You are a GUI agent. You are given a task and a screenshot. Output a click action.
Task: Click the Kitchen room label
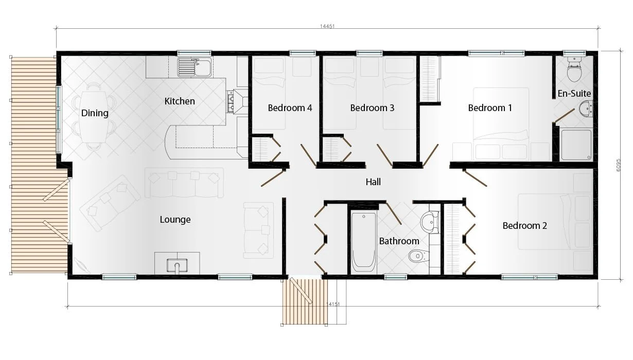[x=180, y=101]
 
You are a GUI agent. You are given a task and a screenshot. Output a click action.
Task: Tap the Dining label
[x=95, y=113]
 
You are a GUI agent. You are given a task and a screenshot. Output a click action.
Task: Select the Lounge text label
[x=175, y=220]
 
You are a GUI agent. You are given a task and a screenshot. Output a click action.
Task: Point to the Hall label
[x=373, y=182]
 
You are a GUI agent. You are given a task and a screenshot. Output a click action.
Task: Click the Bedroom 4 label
[x=290, y=108]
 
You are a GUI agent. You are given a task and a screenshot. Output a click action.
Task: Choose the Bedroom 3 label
[x=372, y=108]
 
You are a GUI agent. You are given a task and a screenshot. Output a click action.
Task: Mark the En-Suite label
[x=574, y=94]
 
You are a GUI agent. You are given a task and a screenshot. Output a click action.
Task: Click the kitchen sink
[x=195, y=66]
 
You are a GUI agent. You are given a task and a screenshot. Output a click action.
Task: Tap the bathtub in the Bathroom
[x=363, y=242]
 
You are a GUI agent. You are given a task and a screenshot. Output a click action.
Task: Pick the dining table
[x=94, y=117]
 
